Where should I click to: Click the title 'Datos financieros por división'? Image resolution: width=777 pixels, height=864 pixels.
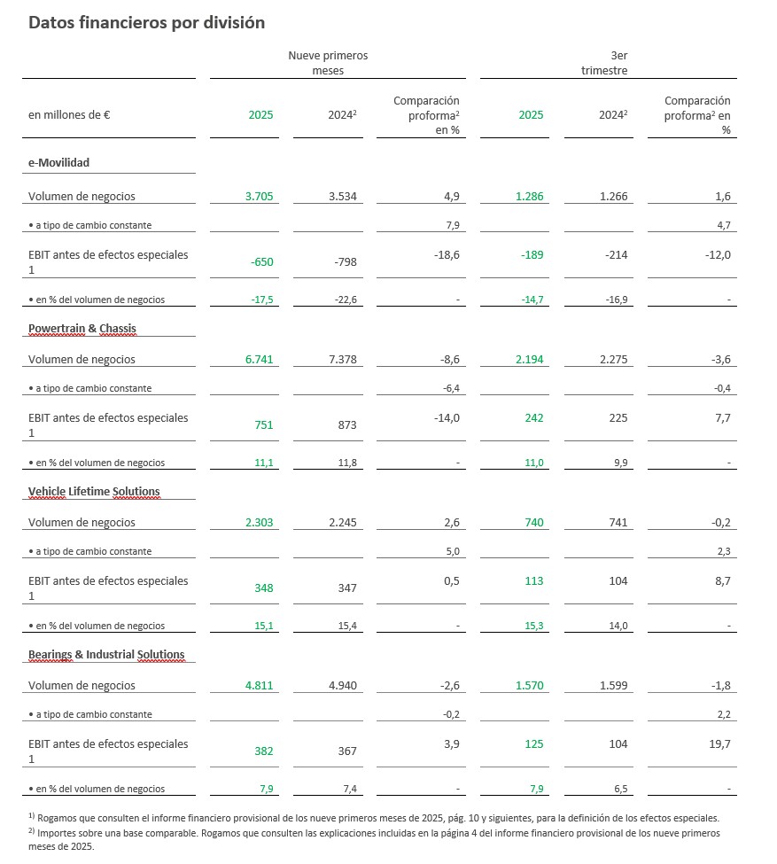146,23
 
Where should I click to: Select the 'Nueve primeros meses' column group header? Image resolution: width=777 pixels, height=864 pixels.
328,62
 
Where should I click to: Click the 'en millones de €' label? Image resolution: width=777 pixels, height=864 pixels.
69,114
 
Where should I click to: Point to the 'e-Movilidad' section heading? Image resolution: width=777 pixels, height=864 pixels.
58,162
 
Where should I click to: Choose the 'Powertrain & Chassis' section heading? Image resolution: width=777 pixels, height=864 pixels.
82,328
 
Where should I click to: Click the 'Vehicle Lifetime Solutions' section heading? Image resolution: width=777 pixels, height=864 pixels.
94,491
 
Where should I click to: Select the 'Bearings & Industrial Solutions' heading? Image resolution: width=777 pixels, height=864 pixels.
106,654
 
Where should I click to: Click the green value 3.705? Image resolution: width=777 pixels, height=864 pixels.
259,197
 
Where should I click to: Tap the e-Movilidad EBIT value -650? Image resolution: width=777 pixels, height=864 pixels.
260,261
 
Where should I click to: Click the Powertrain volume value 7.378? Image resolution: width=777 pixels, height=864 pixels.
342,360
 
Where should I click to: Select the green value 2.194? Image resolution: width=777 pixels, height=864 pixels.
529,360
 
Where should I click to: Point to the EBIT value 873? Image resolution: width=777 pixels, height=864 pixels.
347,424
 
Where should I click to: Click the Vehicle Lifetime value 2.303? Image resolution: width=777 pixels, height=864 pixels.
259,523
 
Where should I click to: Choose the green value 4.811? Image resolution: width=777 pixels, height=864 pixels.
259,686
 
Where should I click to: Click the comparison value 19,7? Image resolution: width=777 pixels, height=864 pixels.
719,744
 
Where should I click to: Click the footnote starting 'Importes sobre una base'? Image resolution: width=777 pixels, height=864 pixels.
372,838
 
